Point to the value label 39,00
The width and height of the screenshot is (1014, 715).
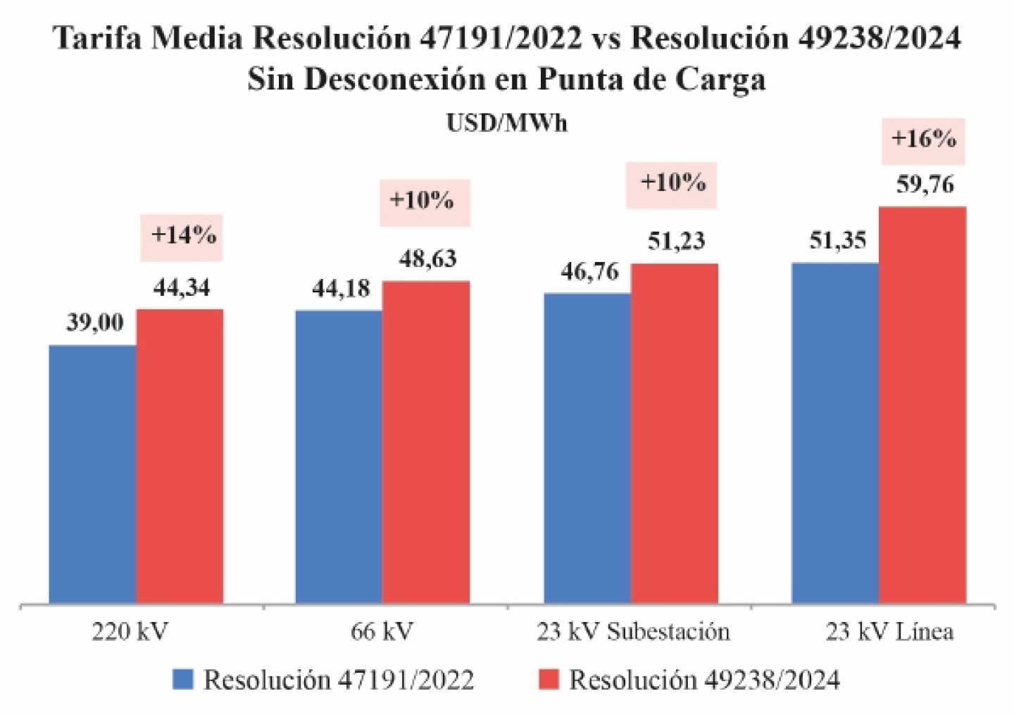coord(95,323)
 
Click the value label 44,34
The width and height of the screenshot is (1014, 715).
coord(182,287)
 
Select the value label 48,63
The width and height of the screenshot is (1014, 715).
coord(427,259)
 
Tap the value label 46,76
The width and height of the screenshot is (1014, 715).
coord(589,271)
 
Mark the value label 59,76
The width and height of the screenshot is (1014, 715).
coord(925,185)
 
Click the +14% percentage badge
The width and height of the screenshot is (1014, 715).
coord(182,236)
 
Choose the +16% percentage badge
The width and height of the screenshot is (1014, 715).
coord(923,139)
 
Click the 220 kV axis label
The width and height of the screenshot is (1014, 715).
coord(130,631)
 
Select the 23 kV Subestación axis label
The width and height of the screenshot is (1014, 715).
coord(633,631)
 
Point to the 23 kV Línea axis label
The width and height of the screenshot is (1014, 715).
coord(889,631)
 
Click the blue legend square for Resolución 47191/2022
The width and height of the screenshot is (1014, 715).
coord(183,679)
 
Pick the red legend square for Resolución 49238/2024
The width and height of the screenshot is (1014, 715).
coord(549,679)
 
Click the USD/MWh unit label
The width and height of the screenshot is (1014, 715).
coord(506,123)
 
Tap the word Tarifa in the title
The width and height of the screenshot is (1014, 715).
coord(98,38)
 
